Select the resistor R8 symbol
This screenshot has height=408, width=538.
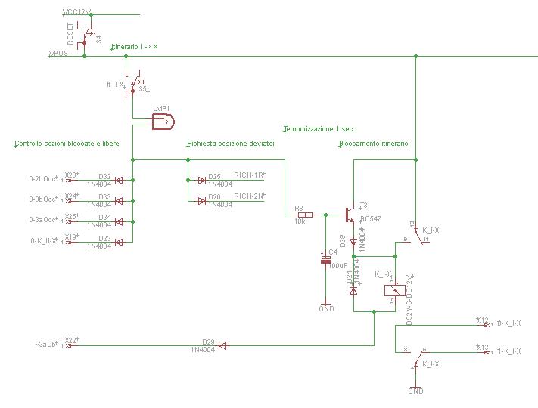tap(300, 215)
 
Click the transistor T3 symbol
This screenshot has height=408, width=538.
tap(351, 215)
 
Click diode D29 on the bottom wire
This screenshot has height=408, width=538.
tap(222, 346)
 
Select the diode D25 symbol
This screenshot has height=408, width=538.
tap(202, 180)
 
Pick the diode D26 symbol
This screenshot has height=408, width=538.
tap(202, 200)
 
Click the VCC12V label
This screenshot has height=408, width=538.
tap(76, 13)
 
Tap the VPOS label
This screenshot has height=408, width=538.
tap(58, 54)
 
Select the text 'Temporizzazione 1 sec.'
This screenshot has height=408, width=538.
tap(319, 128)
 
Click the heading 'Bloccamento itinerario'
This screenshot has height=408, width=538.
tap(373, 143)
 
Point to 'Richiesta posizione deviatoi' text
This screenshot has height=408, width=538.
tap(230, 143)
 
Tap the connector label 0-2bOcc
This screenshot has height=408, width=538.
tap(42, 179)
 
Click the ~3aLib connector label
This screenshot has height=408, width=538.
tap(46, 345)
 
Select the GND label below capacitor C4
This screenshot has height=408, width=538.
tap(326, 309)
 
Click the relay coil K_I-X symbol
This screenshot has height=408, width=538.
tap(392, 290)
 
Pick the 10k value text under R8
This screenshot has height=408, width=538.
tap(300, 222)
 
